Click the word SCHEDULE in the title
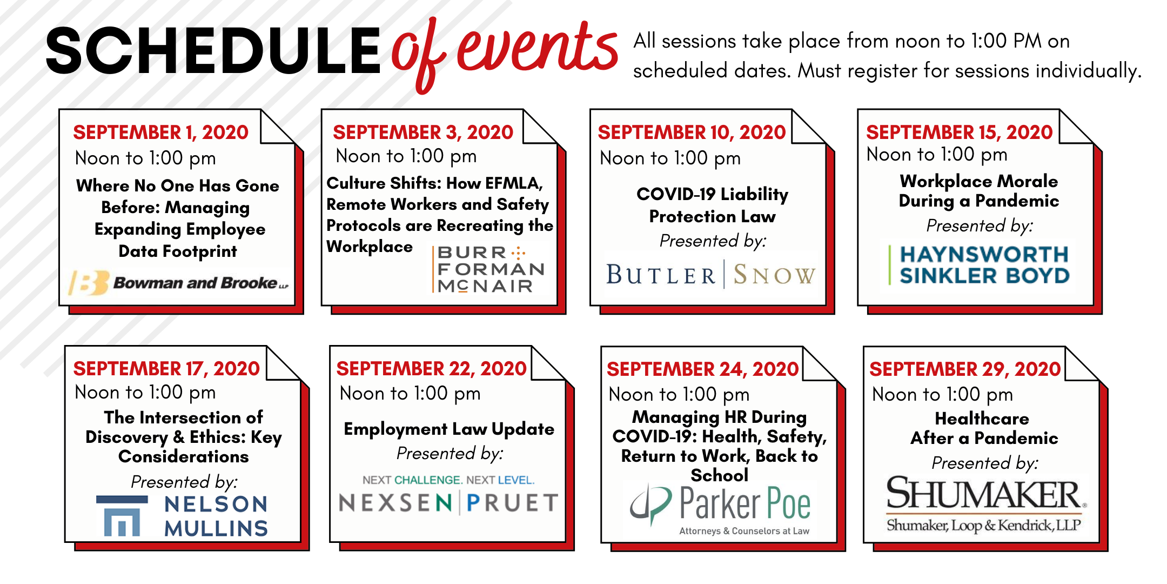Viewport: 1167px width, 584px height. point(213,51)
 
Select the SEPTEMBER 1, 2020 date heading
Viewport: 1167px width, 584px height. point(160,132)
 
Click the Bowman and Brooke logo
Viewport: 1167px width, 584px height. point(178,283)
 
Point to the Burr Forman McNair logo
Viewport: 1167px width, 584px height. point(489,269)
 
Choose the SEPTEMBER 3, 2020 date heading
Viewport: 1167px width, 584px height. point(422,132)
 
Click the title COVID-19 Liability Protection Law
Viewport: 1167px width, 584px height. point(712,205)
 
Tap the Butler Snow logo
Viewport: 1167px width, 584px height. point(711,275)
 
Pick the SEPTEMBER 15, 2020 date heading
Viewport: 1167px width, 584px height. point(959,132)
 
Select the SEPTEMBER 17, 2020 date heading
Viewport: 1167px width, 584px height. point(166,369)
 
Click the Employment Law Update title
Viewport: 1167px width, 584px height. point(449,429)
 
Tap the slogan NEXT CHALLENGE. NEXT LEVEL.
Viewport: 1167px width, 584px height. point(448,480)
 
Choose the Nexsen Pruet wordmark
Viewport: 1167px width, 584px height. point(448,503)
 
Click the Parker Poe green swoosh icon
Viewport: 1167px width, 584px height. point(651,503)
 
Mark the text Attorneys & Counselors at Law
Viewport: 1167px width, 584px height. point(744,531)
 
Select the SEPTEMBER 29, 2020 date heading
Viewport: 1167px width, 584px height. point(965,369)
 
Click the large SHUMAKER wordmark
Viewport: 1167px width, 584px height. point(983,493)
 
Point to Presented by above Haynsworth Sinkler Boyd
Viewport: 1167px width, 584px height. point(980,225)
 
